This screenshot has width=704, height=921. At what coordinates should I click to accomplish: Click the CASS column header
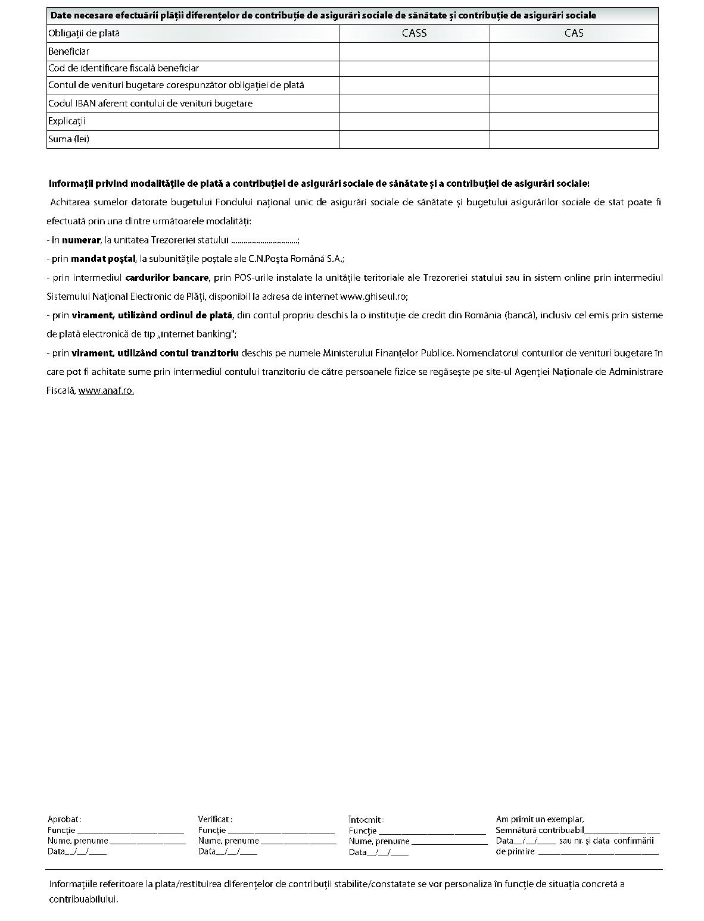pos(414,33)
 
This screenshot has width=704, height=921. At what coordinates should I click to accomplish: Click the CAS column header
pos(574,33)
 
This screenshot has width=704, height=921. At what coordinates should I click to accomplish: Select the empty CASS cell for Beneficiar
pos(414,52)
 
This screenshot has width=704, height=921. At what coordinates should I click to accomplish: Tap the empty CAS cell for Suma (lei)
pos(574,139)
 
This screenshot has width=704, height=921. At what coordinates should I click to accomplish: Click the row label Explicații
pos(67,121)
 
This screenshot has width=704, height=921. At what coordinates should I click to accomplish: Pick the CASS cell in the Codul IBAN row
pos(414,104)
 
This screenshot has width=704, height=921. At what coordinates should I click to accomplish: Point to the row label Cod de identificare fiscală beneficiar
pos(123,68)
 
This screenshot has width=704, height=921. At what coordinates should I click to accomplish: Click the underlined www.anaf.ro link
pos(106,391)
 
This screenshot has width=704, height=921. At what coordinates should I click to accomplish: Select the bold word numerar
pos(81,240)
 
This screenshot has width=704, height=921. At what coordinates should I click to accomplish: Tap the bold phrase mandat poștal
pos(103,259)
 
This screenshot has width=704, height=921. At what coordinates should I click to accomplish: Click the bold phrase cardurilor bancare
pos(167,278)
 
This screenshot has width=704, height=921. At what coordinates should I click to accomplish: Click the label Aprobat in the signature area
pos(64,819)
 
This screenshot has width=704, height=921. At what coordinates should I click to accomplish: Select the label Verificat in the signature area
pos(214,819)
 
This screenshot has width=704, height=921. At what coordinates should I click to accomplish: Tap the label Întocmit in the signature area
pos(366,820)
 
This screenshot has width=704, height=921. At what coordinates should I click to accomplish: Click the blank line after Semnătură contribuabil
pos(622,831)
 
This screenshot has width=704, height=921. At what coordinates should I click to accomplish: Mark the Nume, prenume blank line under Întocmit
pos(449,842)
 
